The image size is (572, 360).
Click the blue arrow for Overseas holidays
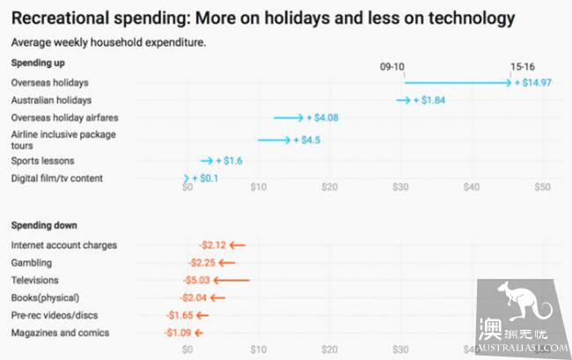[x=457, y=83]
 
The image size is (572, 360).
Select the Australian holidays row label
[x=51, y=100]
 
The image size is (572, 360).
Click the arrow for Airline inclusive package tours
[x=274, y=140]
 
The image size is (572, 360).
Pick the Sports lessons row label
[x=42, y=161]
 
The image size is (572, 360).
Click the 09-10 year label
[x=392, y=66]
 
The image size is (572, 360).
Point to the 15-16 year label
[x=523, y=66]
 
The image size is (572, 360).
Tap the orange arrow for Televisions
[x=232, y=280]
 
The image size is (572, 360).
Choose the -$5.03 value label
[x=197, y=280]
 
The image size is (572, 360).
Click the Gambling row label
[x=32, y=262]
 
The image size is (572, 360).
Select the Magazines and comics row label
[x=60, y=333]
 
